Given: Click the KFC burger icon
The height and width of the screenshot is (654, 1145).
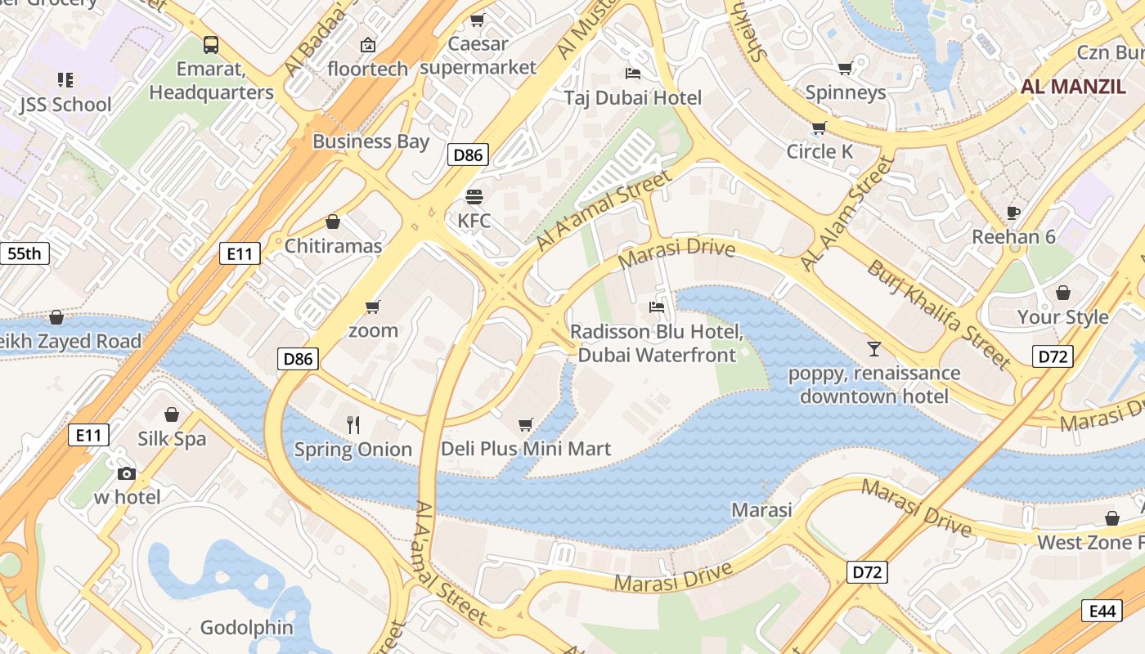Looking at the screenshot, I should (474, 196).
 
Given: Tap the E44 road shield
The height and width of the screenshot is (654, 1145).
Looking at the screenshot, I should (1102, 611).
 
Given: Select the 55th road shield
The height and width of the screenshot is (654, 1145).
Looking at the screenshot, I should (24, 253).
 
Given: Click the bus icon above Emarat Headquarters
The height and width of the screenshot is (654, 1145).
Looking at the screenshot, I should (211, 44).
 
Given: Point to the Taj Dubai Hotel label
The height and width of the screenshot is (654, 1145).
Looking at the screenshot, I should (633, 98).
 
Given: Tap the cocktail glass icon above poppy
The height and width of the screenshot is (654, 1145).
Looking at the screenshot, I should (874, 349).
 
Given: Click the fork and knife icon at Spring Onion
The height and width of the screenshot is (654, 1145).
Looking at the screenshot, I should (353, 424).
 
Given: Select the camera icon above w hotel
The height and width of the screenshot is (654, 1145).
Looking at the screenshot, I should (126, 473).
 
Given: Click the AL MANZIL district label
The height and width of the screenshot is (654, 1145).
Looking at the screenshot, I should (1073, 87).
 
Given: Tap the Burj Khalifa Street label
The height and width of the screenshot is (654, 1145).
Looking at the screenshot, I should (938, 314).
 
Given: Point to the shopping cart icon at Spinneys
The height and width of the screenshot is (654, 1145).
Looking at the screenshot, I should (846, 68).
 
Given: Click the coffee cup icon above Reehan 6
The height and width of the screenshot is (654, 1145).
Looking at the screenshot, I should (1013, 213).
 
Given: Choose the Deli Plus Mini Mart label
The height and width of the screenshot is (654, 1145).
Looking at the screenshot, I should (526, 449).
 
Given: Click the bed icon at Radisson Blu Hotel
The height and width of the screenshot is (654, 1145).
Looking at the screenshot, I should (656, 307).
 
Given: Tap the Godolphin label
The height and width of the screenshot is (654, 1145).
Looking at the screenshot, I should (247, 628).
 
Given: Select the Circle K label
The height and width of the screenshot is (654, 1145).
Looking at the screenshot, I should (819, 151).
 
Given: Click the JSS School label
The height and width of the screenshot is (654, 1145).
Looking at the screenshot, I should (65, 105).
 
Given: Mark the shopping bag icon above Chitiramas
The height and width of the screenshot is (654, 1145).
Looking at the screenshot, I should (333, 222).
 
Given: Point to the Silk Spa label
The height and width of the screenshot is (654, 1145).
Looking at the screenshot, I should (172, 439).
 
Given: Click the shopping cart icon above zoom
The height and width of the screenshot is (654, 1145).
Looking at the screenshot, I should (373, 307).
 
